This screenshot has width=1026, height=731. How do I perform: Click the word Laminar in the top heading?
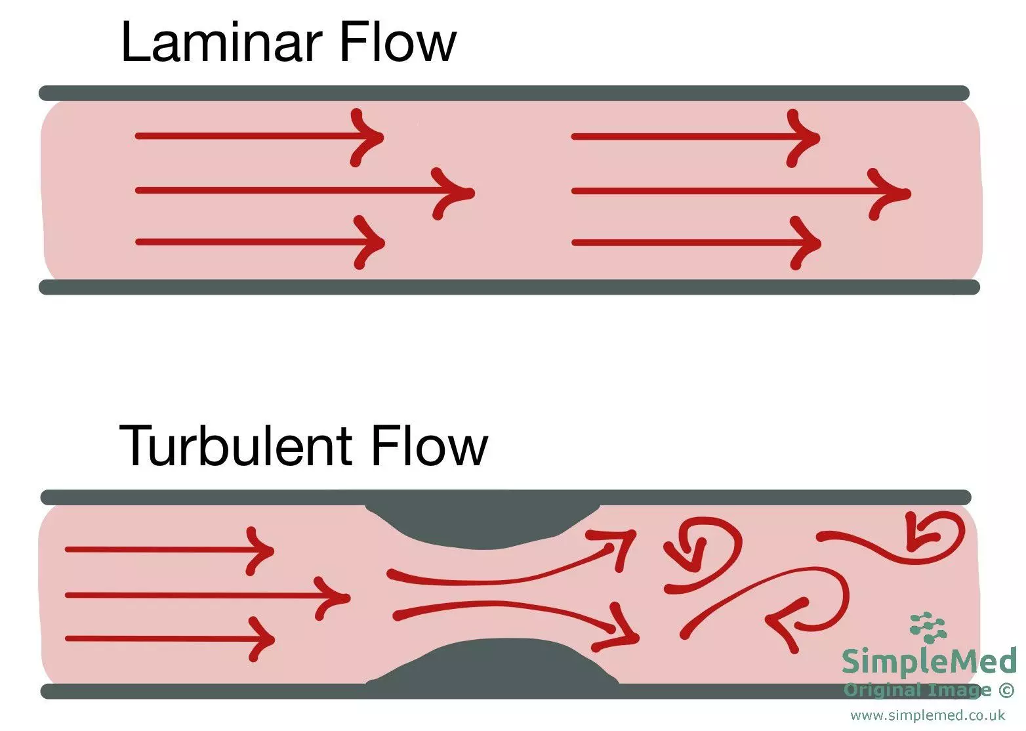(222, 43)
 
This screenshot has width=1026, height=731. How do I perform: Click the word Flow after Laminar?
(398, 43)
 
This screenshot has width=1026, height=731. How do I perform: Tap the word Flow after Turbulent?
(429, 446)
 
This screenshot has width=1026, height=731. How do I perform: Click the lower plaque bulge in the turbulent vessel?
(492, 663)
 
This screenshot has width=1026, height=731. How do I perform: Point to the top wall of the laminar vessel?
(504, 93)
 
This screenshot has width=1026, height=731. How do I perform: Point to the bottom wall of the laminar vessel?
(509, 287)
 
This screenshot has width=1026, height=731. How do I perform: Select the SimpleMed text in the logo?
(928, 661)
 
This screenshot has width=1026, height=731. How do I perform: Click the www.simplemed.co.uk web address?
(928, 715)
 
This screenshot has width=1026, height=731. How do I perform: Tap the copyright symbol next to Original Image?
(1006, 690)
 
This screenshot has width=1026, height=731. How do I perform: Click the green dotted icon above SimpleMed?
(928, 627)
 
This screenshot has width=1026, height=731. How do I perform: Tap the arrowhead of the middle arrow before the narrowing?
(335, 597)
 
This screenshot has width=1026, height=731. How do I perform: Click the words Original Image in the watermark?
(917, 690)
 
